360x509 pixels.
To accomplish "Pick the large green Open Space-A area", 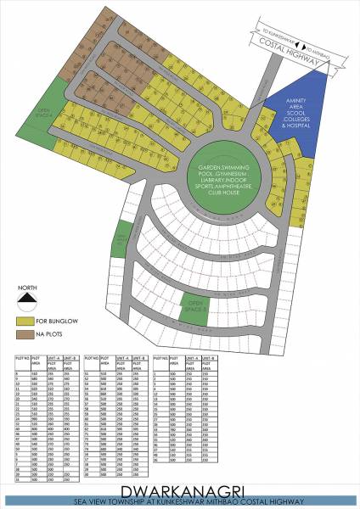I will [x=45, y=111].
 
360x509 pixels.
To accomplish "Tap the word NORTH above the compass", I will [x=27, y=287].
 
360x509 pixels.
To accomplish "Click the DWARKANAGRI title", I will [x=180, y=490].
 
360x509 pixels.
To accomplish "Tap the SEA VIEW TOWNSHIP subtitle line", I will [x=180, y=501].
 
